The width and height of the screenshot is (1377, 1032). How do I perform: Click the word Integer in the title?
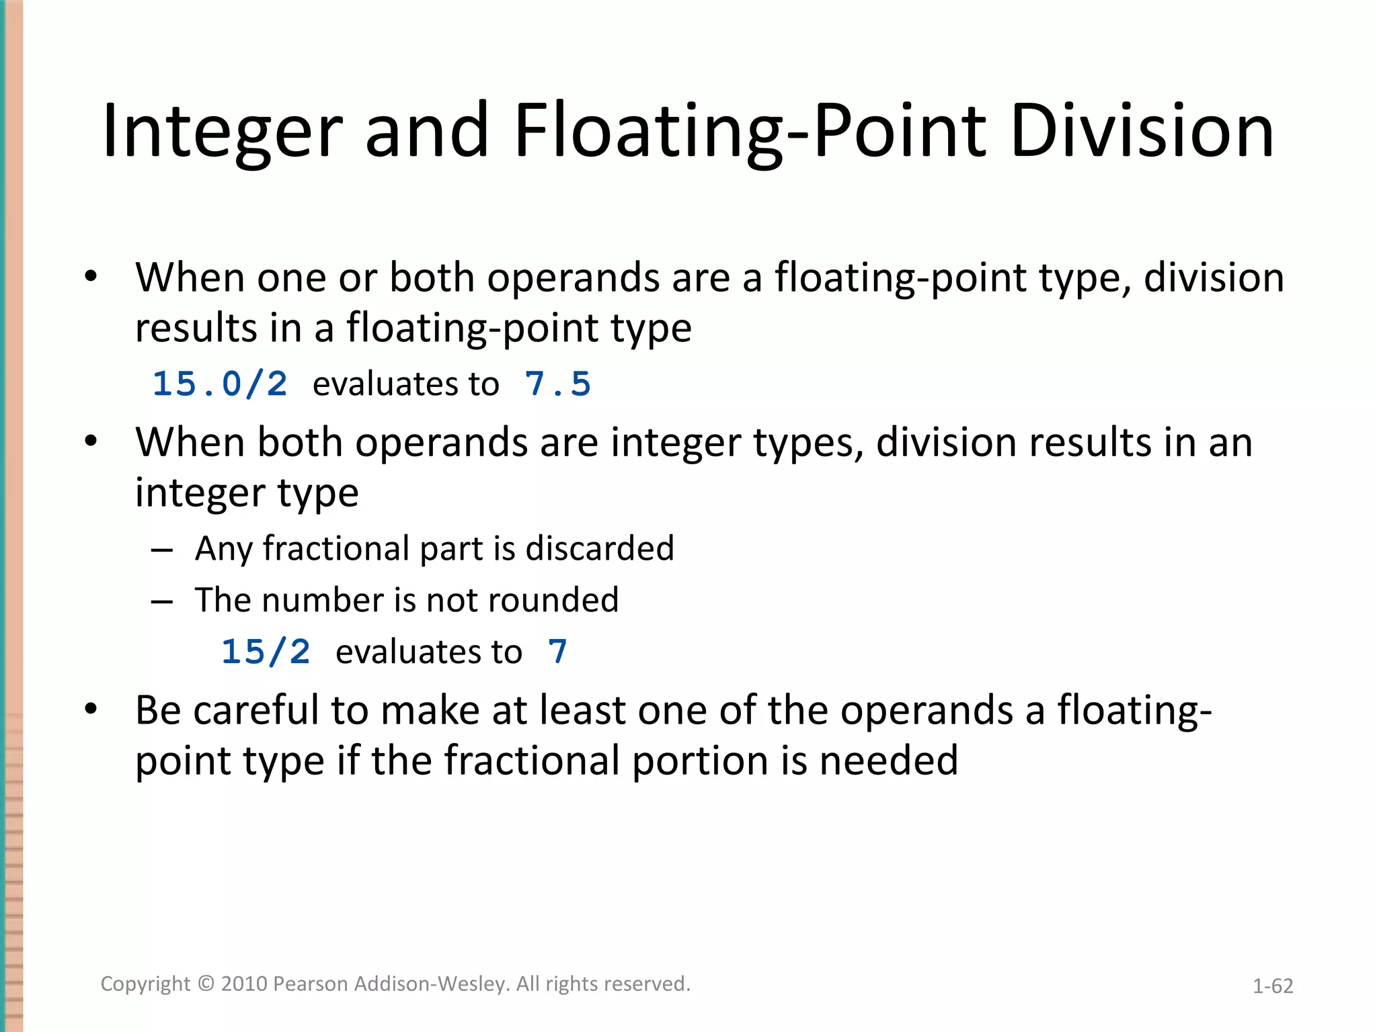(x=222, y=131)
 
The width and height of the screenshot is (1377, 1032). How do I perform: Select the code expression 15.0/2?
(x=220, y=384)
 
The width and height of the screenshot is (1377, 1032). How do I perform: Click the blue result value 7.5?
(x=557, y=384)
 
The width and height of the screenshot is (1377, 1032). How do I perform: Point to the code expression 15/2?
(x=266, y=652)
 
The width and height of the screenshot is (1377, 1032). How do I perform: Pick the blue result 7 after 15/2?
(x=557, y=652)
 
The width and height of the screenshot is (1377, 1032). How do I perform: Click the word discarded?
(x=599, y=548)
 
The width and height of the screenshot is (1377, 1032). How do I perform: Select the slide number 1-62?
(x=1272, y=986)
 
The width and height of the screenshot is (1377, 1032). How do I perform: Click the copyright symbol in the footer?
(x=206, y=984)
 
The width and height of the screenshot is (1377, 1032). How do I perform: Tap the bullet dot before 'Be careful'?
(x=91, y=709)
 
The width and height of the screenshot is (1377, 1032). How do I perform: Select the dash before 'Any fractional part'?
(x=162, y=550)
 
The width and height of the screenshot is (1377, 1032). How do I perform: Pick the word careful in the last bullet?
(x=256, y=710)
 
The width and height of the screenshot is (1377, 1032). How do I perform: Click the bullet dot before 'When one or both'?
(x=91, y=277)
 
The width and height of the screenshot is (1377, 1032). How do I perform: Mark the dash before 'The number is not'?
(x=162, y=602)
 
